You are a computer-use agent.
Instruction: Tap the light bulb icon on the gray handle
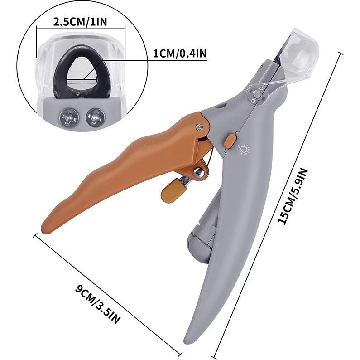[244, 148]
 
